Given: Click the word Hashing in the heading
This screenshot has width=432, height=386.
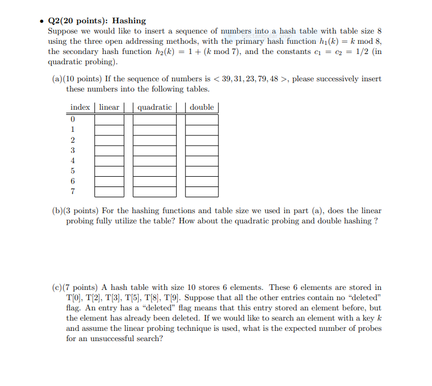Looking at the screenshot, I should (x=129, y=20).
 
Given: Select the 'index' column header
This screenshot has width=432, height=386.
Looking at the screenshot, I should (x=80, y=107).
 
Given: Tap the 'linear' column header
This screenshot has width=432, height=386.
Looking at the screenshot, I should (x=109, y=107).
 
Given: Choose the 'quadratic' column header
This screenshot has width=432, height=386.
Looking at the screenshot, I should (x=155, y=107).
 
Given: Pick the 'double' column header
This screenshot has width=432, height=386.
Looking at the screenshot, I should (x=202, y=107).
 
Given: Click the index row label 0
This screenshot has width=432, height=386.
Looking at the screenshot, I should (x=73, y=119).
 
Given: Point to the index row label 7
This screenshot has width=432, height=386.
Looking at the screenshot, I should (x=73, y=192).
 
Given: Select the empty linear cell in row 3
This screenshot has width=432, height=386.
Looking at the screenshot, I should (x=109, y=151).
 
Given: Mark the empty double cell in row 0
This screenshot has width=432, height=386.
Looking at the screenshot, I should (x=202, y=119).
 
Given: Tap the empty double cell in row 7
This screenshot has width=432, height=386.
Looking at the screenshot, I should (x=202, y=192).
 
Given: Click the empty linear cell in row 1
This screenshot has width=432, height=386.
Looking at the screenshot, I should (x=109, y=130).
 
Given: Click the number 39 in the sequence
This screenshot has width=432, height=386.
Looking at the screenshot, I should (x=230, y=79).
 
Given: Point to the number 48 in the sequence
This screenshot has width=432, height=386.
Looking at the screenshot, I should (x=276, y=79).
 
